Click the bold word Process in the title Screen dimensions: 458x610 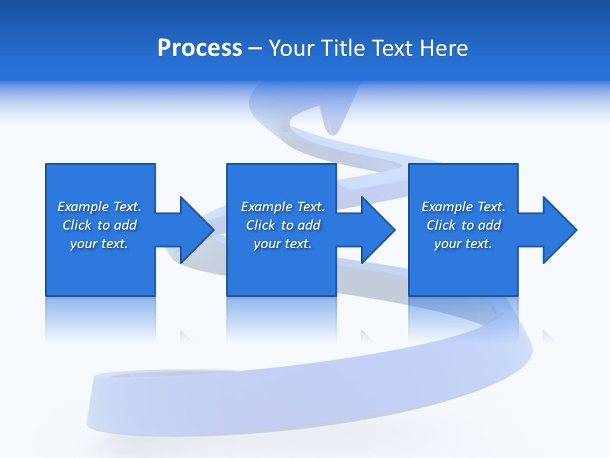200,48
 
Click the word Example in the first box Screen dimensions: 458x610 83,207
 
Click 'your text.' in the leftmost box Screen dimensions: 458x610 99,244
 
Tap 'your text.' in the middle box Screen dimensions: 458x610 283,244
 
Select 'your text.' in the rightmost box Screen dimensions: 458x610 463,244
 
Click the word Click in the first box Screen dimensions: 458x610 77,225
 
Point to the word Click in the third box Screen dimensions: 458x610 441,225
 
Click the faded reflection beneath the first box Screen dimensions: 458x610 100,318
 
